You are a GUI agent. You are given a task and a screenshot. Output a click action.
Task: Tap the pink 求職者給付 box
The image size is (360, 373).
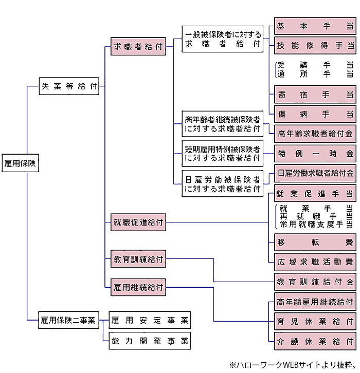(x=138, y=48)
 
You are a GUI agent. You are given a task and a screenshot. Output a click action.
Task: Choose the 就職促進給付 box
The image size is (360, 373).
(x=138, y=222)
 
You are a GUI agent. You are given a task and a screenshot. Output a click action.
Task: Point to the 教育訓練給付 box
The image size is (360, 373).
(x=138, y=259)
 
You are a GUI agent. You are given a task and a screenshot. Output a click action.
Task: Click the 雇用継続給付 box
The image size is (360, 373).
(x=138, y=287)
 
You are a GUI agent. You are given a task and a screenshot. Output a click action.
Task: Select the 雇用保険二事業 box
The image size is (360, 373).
(x=68, y=321)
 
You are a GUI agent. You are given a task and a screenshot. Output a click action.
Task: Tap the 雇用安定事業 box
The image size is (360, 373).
(x=150, y=321)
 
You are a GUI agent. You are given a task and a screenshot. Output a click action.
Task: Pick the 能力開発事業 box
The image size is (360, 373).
(x=150, y=340)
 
